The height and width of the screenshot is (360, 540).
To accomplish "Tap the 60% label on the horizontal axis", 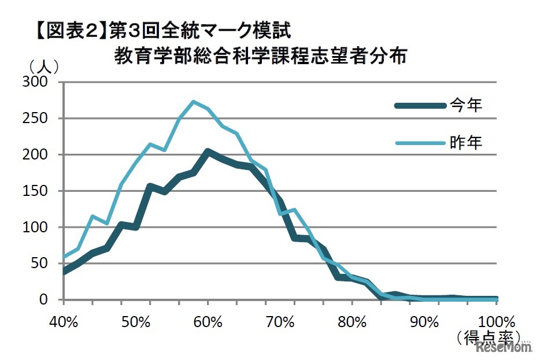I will coord(208,321).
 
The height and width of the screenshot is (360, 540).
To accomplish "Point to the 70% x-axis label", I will coord(280,321).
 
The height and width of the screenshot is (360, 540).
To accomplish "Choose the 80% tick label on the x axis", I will coord(353,321).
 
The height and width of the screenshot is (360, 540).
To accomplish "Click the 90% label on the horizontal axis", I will coord(425,321).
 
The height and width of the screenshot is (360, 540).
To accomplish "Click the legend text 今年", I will coord(465,105).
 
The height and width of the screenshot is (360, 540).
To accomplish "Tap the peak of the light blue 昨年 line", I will coord(194,102).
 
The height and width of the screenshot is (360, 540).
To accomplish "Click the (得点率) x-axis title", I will coord(489,337).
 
